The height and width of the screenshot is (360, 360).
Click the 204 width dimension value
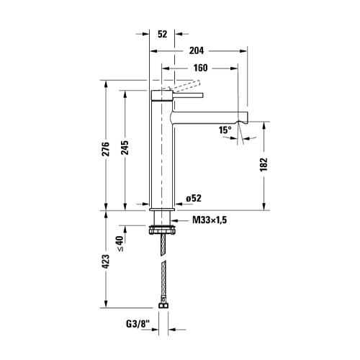[197, 50]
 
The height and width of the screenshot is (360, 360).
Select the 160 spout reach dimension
[200, 68]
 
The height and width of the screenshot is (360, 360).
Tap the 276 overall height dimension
[106, 149]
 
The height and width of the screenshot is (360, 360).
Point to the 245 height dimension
[125, 148]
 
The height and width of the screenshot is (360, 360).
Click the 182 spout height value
[264, 164]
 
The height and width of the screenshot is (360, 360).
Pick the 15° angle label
[225, 130]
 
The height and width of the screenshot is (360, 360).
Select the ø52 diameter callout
[194, 198]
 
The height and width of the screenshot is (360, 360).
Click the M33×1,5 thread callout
[210, 220]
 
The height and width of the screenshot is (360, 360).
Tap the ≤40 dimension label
[120, 243]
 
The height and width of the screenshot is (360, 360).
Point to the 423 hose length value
[106, 261]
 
